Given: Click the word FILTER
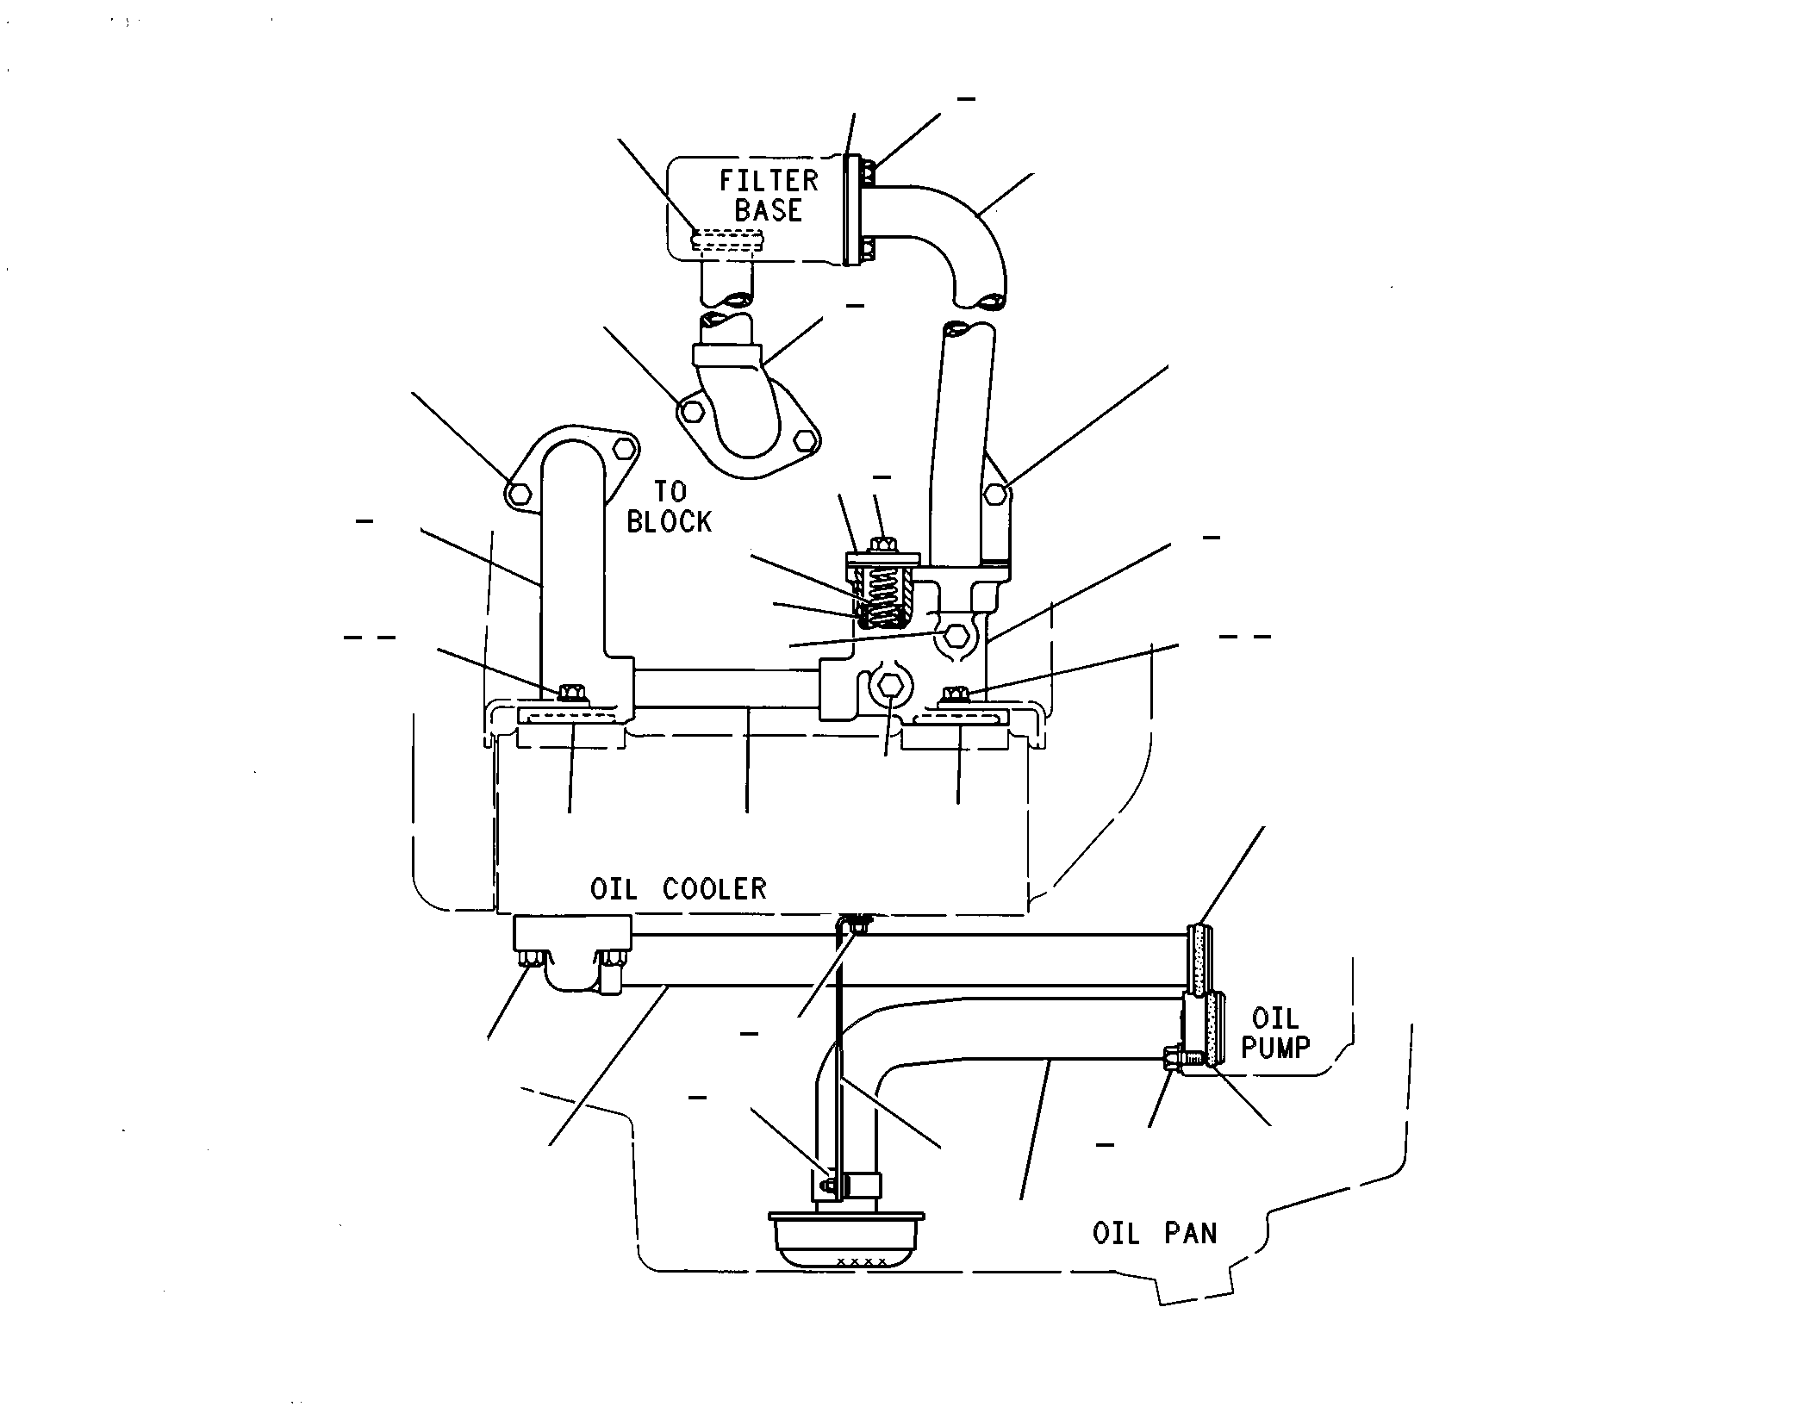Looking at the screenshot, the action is pyautogui.click(x=769, y=181).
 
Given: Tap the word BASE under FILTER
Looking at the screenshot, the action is pyautogui.click(x=768, y=210).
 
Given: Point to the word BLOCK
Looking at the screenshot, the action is pyautogui.click(x=670, y=522).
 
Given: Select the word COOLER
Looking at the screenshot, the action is pyautogui.click(x=714, y=888).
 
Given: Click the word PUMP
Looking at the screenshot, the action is pyautogui.click(x=1275, y=1047).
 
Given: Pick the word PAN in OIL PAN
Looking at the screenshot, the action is pyautogui.click(x=1192, y=1234).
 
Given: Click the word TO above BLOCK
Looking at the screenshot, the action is pyautogui.click(x=670, y=492).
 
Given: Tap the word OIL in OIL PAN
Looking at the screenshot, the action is pyautogui.click(x=1117, y=1234).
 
